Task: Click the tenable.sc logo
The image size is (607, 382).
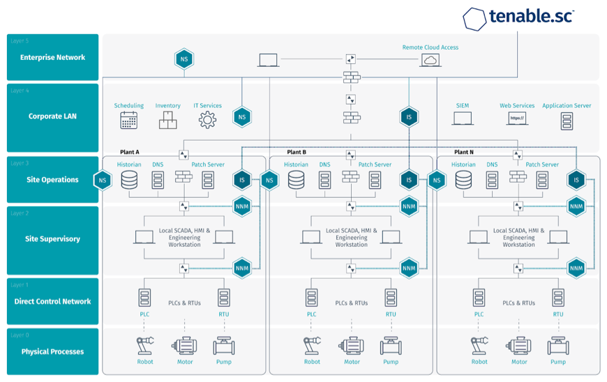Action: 518,17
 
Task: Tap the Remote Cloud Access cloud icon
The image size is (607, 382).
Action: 430,61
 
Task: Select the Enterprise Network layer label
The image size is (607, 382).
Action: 52,57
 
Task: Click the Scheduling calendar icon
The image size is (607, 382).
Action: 128,120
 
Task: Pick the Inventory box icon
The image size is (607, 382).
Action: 167,121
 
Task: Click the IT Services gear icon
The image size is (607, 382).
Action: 207,120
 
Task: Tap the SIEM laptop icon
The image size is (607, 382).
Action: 463,119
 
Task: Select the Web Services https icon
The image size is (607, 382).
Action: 516,119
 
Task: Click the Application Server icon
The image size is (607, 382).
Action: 567,120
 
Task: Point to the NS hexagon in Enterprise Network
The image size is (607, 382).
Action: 184,59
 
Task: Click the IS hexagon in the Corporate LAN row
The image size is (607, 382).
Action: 409,117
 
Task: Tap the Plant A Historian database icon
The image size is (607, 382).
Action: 129,181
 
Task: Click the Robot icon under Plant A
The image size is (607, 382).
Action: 145,346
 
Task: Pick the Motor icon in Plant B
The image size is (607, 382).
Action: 352,346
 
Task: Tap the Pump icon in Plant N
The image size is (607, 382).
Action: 558,346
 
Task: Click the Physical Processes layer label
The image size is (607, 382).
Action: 52,351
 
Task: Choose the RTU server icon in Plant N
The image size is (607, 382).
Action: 558,298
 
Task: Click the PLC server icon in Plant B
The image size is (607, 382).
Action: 311,298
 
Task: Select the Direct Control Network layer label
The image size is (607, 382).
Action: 52,301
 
